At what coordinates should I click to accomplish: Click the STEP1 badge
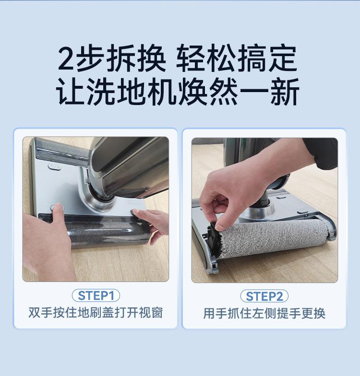click(96, 295)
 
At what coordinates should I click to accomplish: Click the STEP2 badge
click(264, 296)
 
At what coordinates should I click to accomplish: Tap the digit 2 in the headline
click(65, 59)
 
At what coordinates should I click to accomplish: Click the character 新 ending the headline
click(285, 92)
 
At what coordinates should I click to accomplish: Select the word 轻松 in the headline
click(205, 59)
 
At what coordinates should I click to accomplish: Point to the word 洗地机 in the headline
click(132, 92)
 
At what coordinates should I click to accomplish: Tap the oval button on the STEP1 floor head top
click(55, 166)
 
